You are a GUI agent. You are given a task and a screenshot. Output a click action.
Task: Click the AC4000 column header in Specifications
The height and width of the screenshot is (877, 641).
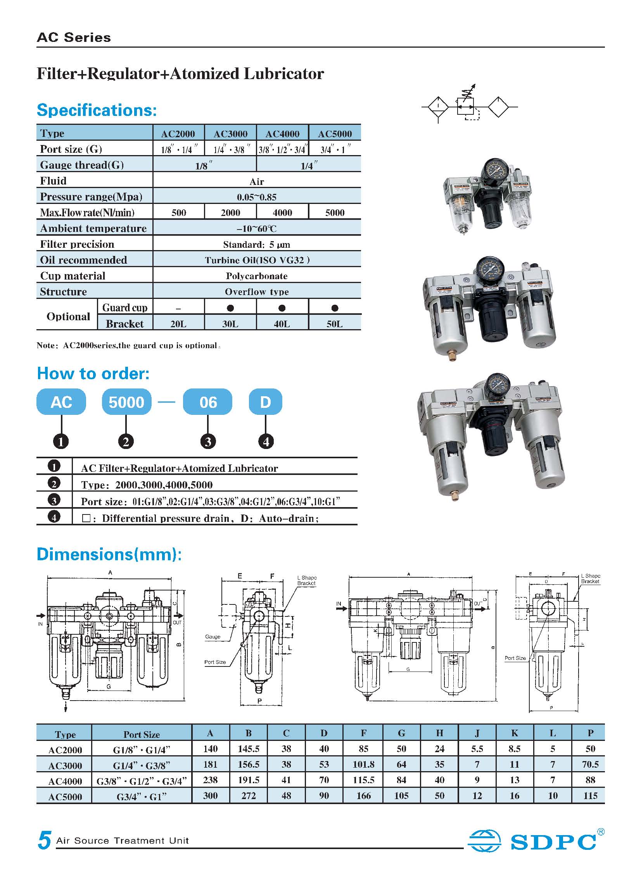(x=282, y=134)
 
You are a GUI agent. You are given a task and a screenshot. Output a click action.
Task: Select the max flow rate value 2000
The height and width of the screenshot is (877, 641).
(x=230, y=212)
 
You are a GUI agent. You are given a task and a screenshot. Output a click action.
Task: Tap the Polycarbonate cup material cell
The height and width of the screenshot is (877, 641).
(x=256, y=276)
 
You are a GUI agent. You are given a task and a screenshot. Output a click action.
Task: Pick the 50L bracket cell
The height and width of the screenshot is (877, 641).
(x=335, y=323)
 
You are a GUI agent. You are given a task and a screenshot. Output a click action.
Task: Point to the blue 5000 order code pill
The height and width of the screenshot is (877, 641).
(x=126, y=402)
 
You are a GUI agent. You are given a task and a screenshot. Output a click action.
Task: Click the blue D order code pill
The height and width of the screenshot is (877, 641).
(x=265, y=402)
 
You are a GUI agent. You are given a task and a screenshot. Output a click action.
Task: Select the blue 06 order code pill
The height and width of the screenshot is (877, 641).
(x=208, y=402)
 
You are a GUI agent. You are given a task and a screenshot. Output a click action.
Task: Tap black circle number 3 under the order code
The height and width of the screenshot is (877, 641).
(x=208, y=442)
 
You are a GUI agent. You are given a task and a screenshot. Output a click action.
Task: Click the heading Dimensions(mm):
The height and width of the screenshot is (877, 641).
(x=109, y=554)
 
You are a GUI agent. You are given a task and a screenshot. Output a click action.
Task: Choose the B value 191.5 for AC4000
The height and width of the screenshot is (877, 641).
(x=248, y=780)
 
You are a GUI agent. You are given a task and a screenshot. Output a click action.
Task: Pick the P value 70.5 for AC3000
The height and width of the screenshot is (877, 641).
(x=590, y=765)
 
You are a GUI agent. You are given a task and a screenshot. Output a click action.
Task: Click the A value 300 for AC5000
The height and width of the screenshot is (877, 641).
(x=210, y=796)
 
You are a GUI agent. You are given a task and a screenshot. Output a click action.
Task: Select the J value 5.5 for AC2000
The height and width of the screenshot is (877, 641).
(x=477, y=749)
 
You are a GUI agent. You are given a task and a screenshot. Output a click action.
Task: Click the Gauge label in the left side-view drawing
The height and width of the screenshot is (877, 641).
(x=213, y=637)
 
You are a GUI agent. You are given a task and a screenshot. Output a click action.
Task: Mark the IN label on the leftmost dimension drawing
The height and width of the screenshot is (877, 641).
(x=40, y=624)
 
